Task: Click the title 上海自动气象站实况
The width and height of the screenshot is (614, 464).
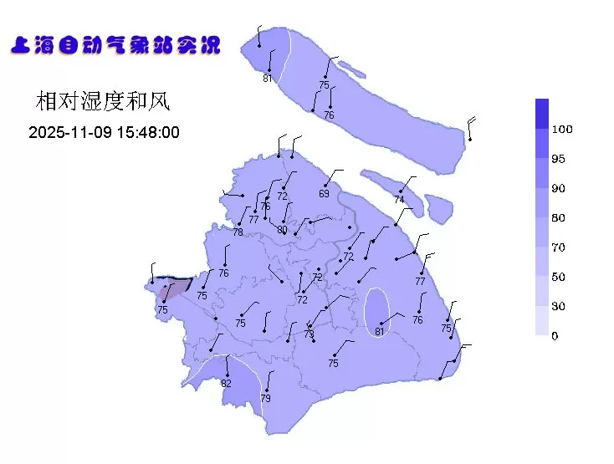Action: click(x=115, y=45)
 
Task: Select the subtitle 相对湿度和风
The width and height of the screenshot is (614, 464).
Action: click(x=103, y=102)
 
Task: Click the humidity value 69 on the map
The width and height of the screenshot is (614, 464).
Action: click(x=324, y=194)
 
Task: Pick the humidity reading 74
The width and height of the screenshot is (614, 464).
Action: click(x=399, y=201)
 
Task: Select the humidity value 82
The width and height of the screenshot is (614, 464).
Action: click(x=226, y=384)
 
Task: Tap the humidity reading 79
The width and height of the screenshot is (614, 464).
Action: click(x=266, y=399)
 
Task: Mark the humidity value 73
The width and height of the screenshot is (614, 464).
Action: click(x=309, y=334)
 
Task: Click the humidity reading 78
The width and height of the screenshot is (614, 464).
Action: click(x=238, y=232)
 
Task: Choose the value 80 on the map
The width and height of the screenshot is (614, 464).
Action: click(x=282, y=230)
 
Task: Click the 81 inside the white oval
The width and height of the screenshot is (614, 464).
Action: click(x=379, y=332)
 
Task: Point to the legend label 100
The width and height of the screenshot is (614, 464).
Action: click(x=562, y=130)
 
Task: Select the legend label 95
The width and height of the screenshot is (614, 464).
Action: click(x=558, y=159)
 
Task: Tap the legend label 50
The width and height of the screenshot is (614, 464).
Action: click(x=558, y=277)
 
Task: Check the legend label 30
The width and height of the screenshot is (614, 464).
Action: click(x=558, y=307)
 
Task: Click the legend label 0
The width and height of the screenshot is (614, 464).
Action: click(x=555, y=336)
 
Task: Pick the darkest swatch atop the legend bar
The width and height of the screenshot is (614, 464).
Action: click(x=542, y=113)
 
